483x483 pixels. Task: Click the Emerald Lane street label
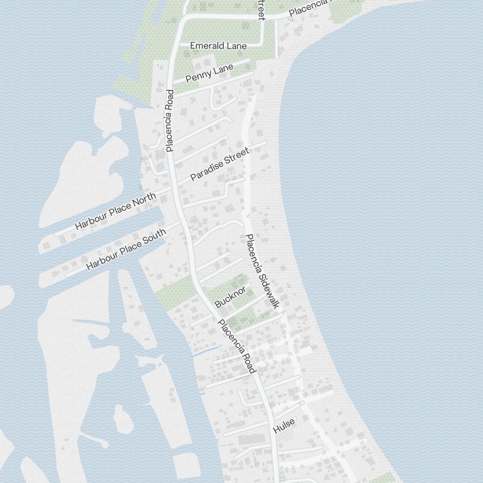218,46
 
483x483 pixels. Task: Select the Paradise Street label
220,164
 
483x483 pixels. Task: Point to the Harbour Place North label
115,211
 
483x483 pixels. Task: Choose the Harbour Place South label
126,249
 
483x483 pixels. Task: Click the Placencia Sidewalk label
262,271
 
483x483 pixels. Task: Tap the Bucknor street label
230,297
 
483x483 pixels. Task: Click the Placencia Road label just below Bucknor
236,346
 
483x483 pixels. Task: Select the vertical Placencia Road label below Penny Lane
170,120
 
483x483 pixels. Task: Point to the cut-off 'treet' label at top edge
261,10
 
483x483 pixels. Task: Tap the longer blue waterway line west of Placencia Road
205,351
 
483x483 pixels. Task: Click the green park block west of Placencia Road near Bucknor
174,292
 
